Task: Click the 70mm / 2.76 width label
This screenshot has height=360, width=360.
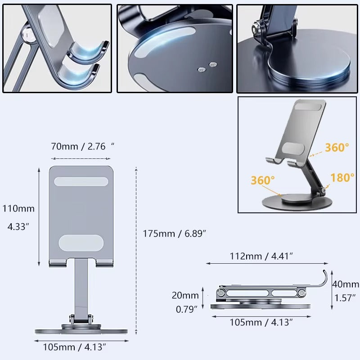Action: pos(83,146)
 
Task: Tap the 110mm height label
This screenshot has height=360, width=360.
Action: pos(18,208)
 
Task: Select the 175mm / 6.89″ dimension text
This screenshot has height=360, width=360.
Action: pos(174,234)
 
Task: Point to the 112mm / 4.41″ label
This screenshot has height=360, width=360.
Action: pos(261,256)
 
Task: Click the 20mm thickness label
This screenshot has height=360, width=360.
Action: pos(185,295)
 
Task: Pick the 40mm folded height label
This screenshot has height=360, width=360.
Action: pos(346,284)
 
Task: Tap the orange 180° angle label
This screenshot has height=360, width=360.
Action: pos(342,177)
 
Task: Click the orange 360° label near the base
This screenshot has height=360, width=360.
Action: pos(263,180)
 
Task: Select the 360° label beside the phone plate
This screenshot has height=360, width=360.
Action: pos(337,147)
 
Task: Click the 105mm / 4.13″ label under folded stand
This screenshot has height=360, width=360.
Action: pos(261,322)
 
